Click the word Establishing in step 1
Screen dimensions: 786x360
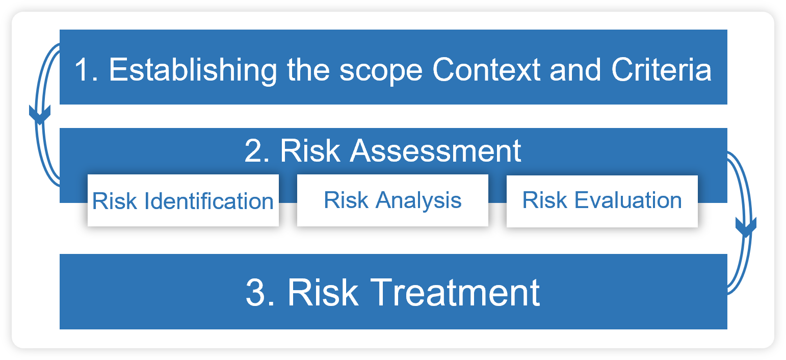point(193,70)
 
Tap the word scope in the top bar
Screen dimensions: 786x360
point(381,71)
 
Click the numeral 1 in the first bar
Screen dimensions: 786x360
point(82,70)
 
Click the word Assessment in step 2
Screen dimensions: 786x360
point(435,150)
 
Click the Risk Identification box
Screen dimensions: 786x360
point(183,200)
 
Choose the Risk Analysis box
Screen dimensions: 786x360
point(392,200)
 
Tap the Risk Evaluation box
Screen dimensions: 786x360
point(602,201)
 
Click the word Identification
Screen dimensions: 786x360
point(209,201)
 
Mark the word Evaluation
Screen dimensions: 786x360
point(628,200)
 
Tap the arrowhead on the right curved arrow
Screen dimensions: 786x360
point(746,227)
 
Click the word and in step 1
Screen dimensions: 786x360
point(575,70)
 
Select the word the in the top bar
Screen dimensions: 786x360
point(308,70)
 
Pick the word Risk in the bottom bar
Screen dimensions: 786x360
point(323,292)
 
